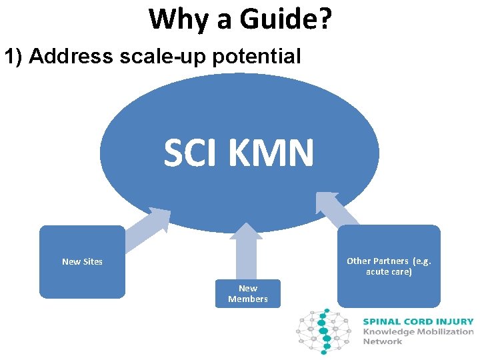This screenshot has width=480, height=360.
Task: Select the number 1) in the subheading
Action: (14, 57)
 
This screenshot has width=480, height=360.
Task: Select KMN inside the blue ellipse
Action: (270, 153)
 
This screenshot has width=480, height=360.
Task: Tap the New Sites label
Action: (82, 261)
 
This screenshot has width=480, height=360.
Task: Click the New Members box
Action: (247, 293)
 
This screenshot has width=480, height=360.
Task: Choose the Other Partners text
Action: (389, 261)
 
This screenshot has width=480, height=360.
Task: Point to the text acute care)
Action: (389, 272)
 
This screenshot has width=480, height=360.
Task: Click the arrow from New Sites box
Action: (148, 229)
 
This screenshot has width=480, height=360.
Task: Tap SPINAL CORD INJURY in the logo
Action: (418, 321)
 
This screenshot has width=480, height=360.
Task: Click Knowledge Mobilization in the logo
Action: (418, 331)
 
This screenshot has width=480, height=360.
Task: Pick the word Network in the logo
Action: (383, 341)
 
